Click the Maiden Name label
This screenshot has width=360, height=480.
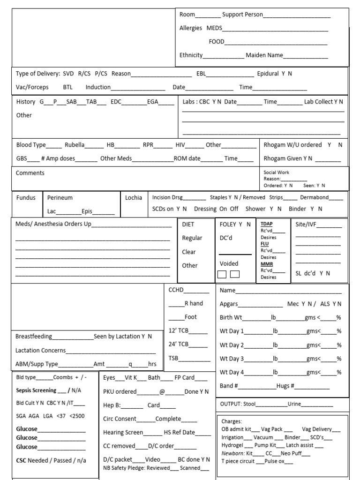[264, 55]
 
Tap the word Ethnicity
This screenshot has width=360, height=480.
[191, 55]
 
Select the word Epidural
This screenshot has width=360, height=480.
[268, 74]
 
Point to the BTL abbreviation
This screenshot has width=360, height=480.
[68, 87]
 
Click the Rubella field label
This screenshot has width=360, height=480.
[75, 145]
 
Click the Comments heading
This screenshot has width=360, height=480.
[30, 173]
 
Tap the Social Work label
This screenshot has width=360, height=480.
[277, 172]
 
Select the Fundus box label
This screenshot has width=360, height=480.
[26, 198]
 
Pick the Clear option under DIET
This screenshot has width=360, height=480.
[189, 252]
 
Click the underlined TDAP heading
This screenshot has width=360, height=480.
[266, 224]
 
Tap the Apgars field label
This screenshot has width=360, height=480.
[229, 304]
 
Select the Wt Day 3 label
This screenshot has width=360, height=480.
[232, 359]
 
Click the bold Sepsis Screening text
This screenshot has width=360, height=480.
[36, 390]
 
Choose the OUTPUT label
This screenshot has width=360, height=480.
[231, 404]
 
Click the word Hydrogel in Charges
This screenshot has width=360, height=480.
[232, 445]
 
